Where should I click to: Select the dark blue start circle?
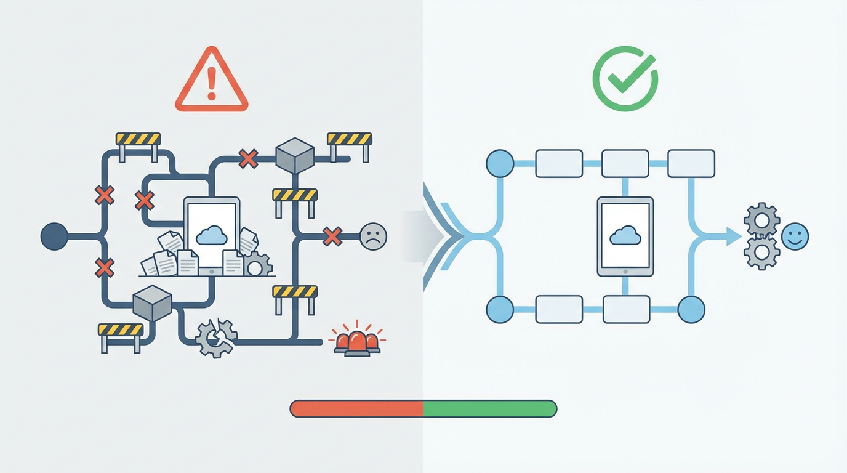pos(54,236)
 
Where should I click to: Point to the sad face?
pos(373,235)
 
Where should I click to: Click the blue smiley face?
pos(795,236)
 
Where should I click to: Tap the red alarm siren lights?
pos(357,341)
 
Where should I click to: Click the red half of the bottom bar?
pos(357,408)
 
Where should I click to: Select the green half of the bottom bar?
pos(490,408)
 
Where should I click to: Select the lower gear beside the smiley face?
pos(762,253)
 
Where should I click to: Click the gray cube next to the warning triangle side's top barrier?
pos(295,155)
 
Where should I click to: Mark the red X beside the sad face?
pos(332,236)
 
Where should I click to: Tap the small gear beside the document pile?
pos(257,265)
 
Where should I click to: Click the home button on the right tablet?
pos(625,270)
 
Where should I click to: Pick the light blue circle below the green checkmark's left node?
pos(500,309)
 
